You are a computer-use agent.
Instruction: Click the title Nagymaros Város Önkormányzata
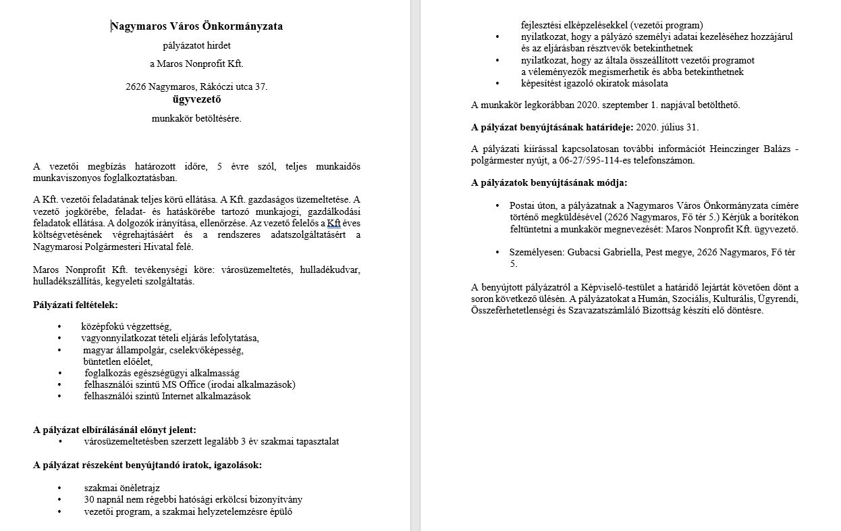click(196, 27)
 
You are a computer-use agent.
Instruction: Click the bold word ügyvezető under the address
click(196, 99)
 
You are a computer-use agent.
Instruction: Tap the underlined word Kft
click(333, 222)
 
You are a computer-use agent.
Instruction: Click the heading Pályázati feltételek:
click(75, 305)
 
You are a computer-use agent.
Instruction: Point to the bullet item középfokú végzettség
click(126, 326)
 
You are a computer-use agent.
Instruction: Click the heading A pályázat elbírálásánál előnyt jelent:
click(115, 429)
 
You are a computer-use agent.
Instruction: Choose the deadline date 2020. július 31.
click(668, 127)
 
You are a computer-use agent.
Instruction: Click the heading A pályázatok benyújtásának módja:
click(549, 182)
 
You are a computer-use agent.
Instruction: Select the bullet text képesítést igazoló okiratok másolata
click(594, 83)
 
